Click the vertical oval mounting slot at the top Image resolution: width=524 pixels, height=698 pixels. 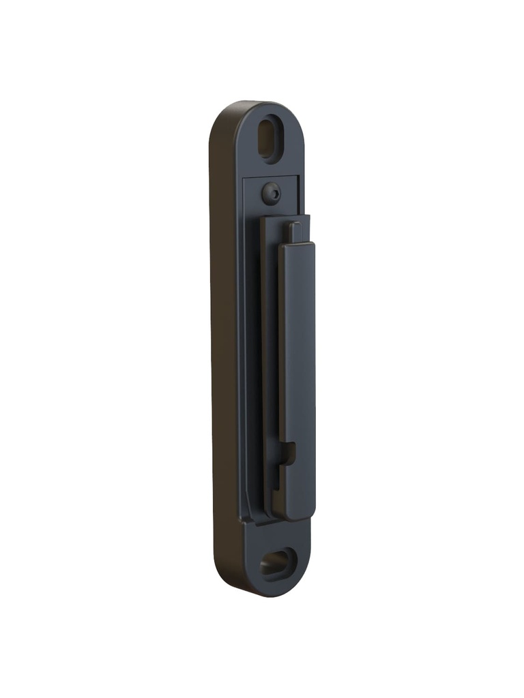pyautogui.click(x=269, y=139)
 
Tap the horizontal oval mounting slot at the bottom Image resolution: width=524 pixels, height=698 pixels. pyautogui.click(x=276, y=564)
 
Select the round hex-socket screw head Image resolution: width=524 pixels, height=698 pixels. pyautogui.click(x=271, y=194)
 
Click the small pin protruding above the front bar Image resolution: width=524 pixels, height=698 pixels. pyautogui.click(x=294, y=232)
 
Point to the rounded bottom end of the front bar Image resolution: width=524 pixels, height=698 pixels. pyautogui.click(x=295, y=515)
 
